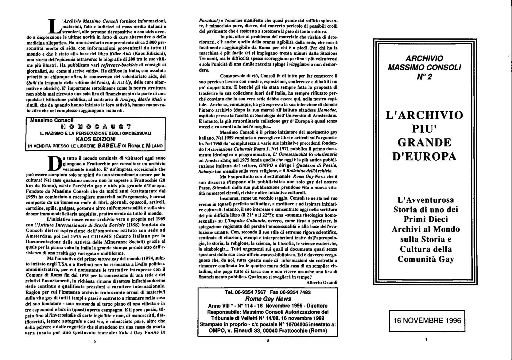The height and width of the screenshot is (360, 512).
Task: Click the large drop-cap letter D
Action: (x=55, y=163)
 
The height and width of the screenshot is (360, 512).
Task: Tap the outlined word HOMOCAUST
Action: (x=96, y=127)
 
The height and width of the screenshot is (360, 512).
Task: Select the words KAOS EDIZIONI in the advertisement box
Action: (x=96, y=139)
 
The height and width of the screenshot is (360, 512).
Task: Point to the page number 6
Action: (x=268, y=340)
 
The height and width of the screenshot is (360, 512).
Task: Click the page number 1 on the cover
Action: (x=427, y=339)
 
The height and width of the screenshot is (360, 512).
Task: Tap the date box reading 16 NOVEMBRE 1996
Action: (x=427, y=321)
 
